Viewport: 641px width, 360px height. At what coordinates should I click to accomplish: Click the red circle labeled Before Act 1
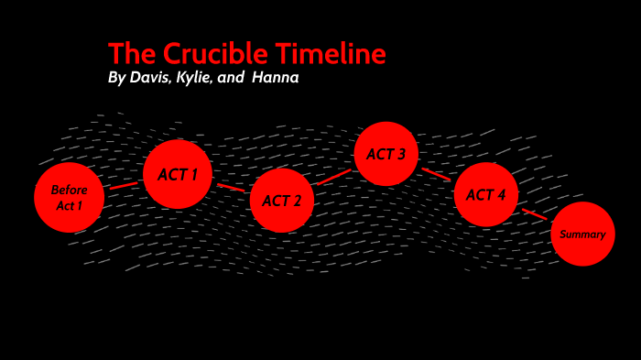point(69,197)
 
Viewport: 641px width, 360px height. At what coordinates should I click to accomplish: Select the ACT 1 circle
point(178,174)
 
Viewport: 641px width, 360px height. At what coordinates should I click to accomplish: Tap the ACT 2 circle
point(282,200)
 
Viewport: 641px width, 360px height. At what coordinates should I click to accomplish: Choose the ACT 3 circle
point(386,154)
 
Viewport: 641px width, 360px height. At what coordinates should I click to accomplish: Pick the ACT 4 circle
point(486,194)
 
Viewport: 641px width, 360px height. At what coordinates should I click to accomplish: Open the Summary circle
point(582,234)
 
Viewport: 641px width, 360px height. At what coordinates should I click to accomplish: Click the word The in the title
point(128,54)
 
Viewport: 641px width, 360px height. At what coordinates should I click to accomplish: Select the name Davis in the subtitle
point(151,78)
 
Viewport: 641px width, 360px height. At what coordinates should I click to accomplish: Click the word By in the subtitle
point(116,78)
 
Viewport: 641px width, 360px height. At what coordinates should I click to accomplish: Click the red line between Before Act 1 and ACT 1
point(124,186)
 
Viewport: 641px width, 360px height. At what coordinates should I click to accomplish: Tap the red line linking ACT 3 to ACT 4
point(437,174)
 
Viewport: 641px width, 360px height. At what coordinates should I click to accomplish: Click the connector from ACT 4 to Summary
point(536,216)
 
